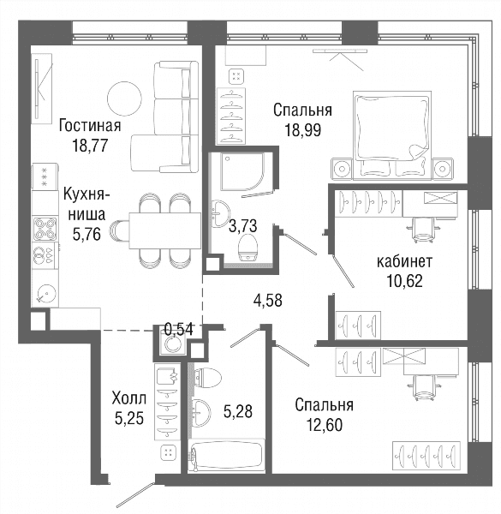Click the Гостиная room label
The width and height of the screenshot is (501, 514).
tap(90, 126)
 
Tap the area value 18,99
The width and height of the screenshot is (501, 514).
tap(303, 130)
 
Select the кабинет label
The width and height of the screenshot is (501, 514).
tap(405, 261)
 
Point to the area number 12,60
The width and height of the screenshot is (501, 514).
tap(325, 425)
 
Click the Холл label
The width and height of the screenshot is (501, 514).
tap(128, 399)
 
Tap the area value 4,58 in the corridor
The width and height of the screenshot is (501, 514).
tap(268, 301)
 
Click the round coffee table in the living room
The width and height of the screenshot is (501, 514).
tap(124, 99)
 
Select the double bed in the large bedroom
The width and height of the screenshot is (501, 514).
tap(391, 135)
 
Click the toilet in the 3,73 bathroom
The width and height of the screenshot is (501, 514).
tap(249, 248)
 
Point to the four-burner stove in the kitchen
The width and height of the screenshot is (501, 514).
tap(45, 230)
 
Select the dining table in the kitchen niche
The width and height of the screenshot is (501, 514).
tap(164, 230)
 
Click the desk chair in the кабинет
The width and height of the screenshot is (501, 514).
tap(421, 230)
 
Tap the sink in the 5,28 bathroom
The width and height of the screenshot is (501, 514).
tap(201, 413)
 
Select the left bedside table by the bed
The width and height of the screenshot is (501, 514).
tap(342, 169)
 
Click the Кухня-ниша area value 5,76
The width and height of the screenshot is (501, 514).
tap(86, 235)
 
